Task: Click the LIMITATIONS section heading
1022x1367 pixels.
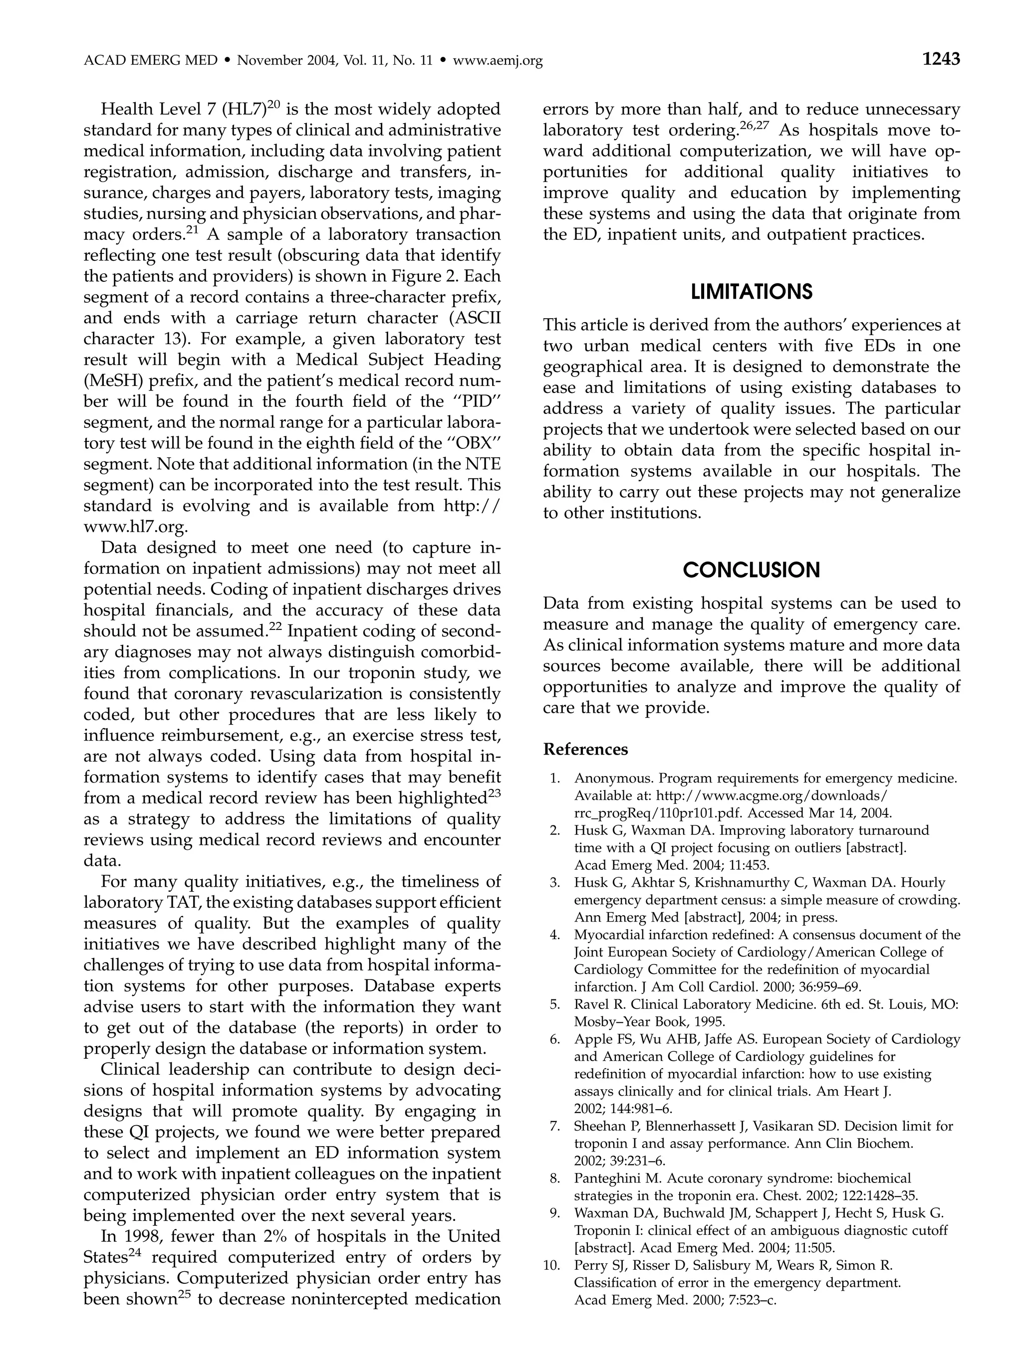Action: click(751, 292)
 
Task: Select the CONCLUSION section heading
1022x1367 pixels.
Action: click(751, 570)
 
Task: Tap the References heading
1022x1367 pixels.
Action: click(585, 749)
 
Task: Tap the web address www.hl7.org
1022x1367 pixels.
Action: click(135, 527)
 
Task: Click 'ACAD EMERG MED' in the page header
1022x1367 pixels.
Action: click(150, 60)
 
